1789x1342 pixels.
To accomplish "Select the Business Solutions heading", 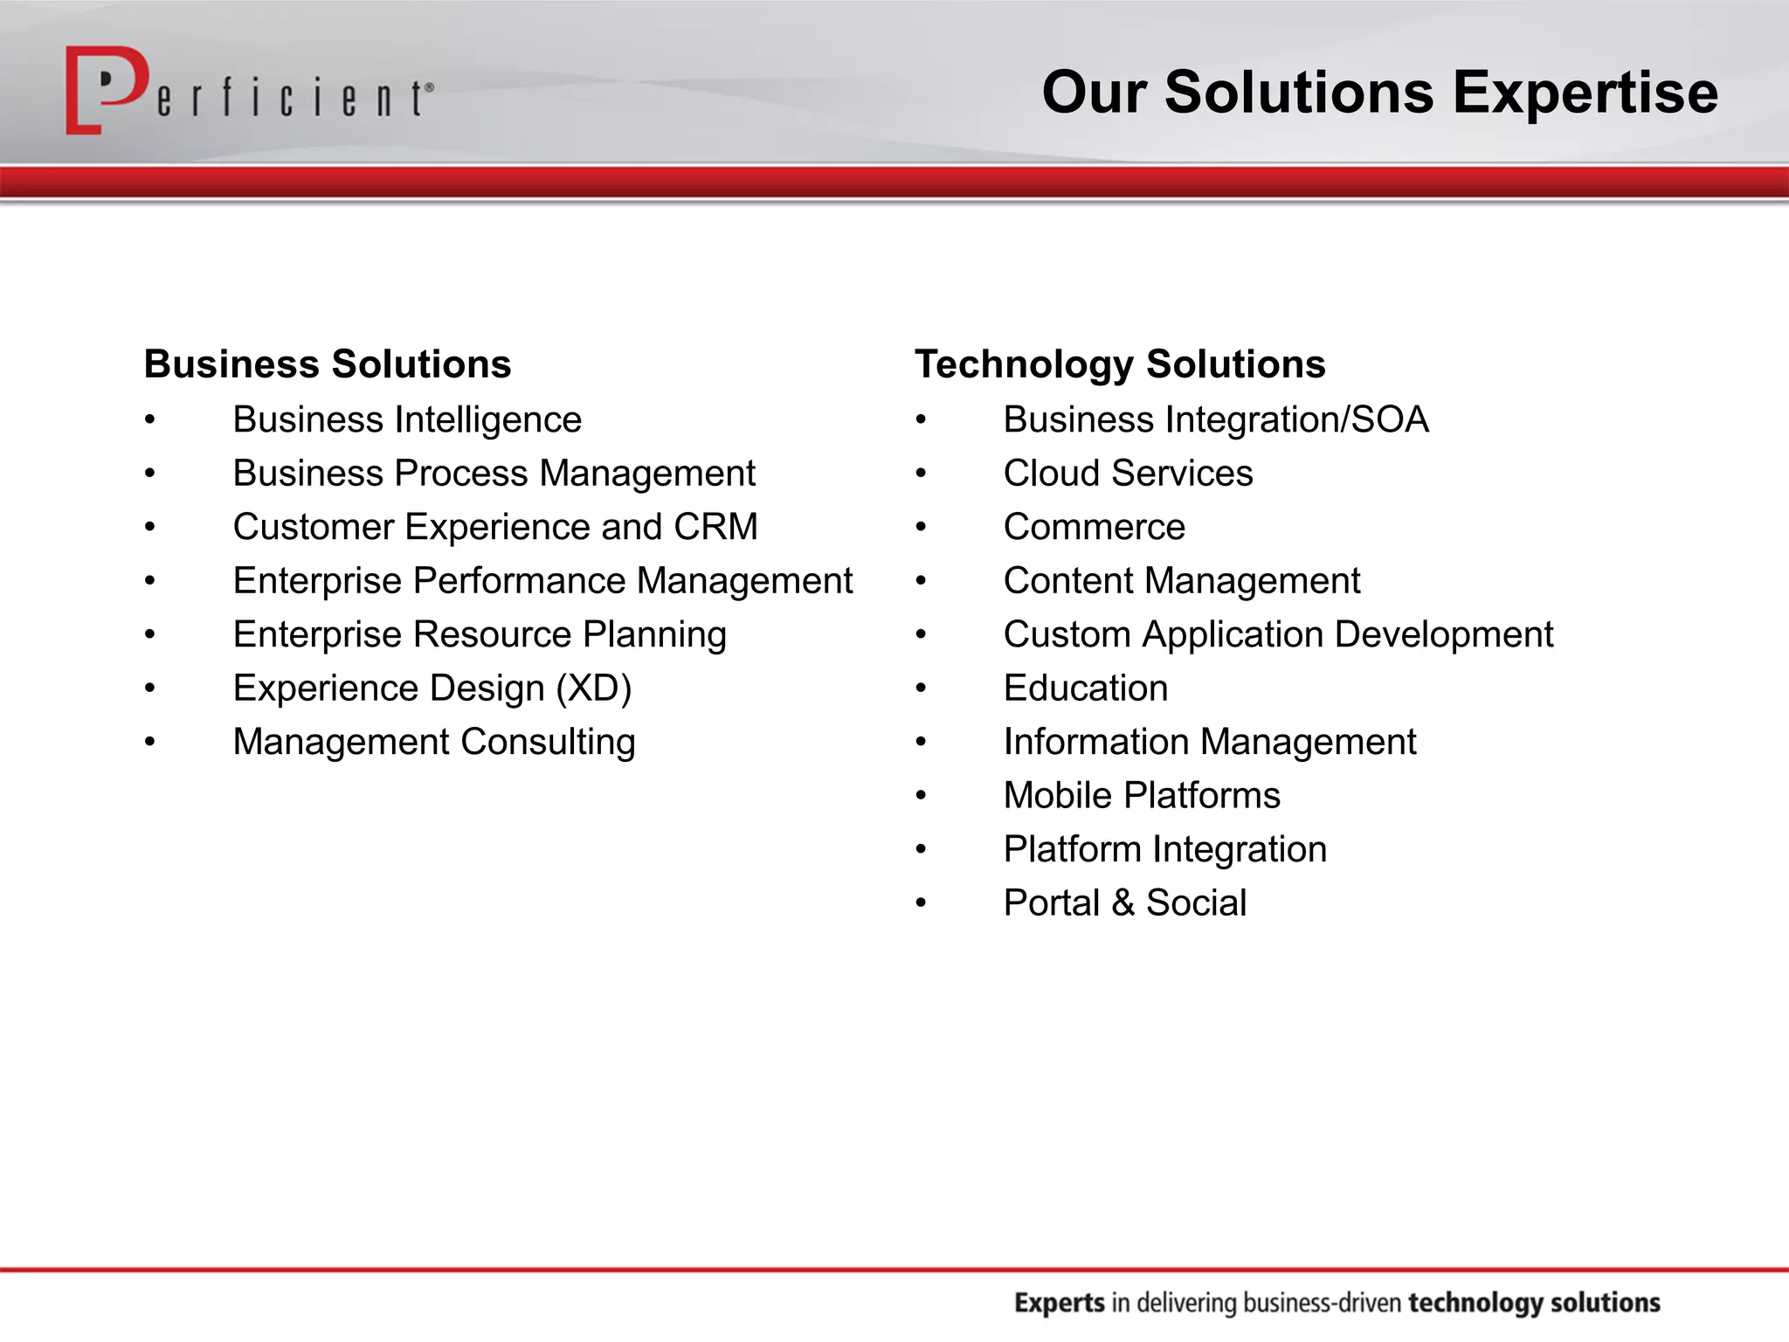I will click(x=328, y=364).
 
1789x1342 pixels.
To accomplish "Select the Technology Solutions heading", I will click(x=1120, y=364).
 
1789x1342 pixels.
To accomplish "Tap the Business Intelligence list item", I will click(x=407, y=420).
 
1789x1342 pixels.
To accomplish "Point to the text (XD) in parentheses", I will click(x=594, y=688).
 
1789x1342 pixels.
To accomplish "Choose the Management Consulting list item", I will click(x=434, y=742).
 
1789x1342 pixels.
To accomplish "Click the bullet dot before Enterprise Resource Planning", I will click(x=150, y=635).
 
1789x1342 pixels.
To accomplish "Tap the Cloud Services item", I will click(x=1128, y=474).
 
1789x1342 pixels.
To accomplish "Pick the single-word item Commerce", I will click(x=1094, y=527).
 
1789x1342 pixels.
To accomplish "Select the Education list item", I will click(x=1085, y=688).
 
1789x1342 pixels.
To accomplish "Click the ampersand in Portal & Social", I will click(x=1123, y=903).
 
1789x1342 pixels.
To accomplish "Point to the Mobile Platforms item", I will click(x=1142, y=796).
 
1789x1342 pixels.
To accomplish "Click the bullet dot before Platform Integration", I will click(x=921, y=850).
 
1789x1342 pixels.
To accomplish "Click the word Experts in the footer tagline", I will click(x=1060, y=1303).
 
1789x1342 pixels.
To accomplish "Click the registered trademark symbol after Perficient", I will click(x=429, y=88).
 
